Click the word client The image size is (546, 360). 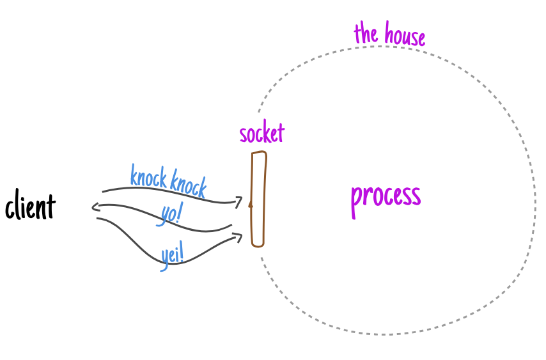30,207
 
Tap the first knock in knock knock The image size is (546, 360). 149,176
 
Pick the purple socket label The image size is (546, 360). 261,134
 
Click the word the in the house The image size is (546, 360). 366,33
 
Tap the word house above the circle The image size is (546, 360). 403,36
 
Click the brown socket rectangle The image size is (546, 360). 258,198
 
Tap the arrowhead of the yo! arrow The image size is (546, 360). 95,207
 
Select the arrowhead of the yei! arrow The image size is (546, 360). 239,237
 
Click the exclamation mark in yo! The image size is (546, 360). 178,213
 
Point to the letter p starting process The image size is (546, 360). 355,198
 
